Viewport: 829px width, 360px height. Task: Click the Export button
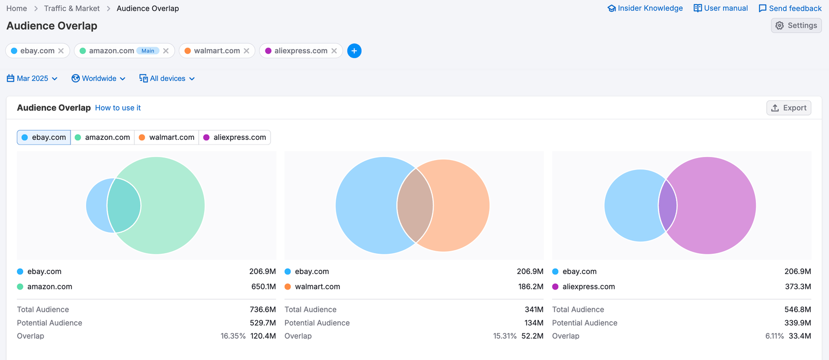789,108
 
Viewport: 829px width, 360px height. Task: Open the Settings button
796,25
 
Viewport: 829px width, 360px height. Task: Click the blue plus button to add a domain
354,51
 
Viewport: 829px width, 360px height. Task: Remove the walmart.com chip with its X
247,51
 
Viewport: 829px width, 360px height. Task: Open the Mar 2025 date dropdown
32,79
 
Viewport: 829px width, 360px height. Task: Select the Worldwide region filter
98,79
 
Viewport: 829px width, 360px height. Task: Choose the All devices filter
167,79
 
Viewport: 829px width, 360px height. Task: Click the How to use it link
118,108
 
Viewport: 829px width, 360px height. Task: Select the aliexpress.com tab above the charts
235,137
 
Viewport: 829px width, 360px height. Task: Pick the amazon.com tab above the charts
103,137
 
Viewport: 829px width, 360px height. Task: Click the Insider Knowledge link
645,8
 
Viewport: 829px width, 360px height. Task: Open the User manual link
721,8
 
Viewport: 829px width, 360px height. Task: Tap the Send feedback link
790,8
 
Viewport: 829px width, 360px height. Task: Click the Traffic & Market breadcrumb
72,8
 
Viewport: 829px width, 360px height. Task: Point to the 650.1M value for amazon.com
263,286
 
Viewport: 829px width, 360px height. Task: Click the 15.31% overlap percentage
505,336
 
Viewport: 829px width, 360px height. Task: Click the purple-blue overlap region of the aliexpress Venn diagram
667,206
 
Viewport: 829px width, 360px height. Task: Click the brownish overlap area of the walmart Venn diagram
415,206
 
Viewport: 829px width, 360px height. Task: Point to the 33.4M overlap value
799,336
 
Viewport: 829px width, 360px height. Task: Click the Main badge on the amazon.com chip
148,51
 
